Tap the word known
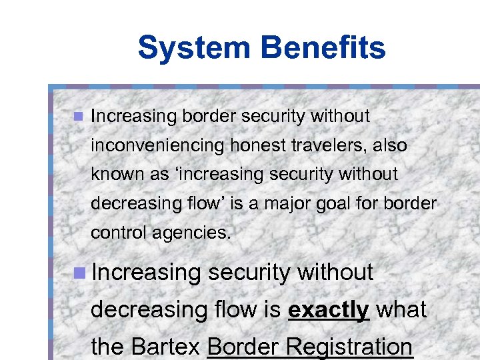point(112,175)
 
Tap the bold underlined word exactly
point(329,309)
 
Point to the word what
point(401,309)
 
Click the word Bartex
point(167,347)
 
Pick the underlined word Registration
point(357,347)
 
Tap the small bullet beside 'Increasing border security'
point(77,117)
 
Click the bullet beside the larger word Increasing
point(79,272)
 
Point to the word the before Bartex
point(107,347)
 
